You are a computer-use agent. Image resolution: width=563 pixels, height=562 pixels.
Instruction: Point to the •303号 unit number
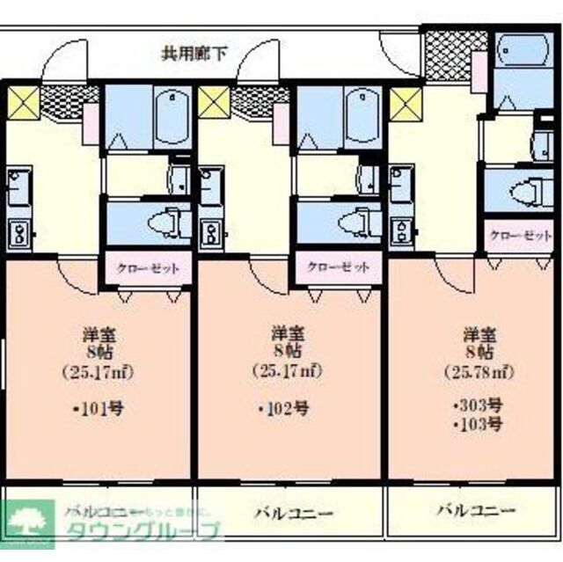[x=479, y=406]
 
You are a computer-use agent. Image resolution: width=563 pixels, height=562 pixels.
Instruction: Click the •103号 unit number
[x=479, y=425]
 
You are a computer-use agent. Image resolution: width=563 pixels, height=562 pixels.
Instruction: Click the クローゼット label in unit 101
[x=149, y=268]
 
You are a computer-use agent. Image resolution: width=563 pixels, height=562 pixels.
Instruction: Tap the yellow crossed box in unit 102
[x=214, y=101]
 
